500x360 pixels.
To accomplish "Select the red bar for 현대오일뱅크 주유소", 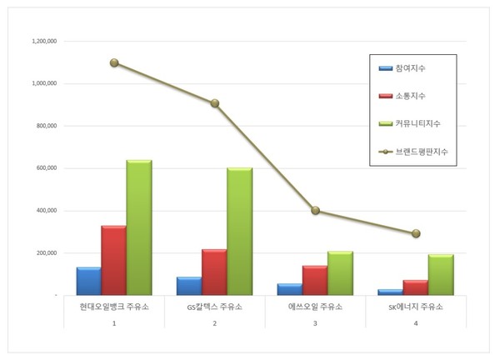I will (x=113, y=260).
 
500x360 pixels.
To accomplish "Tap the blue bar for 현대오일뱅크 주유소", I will (x=88, y=281).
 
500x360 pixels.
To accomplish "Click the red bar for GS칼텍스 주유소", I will (x=214, y=272).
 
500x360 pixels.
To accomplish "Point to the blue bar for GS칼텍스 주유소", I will (x=189, y=286).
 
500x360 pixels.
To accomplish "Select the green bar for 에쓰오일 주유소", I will (x=340, y=273).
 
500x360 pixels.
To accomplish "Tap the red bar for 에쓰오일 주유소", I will (x=315, y=280).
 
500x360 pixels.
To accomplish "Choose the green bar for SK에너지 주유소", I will (x=441, y=275).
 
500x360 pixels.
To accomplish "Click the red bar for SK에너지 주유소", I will (x=416, y=287).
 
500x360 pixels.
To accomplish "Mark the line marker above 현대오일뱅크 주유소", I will (x=114, y=62).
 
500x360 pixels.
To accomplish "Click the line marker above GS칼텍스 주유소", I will (x=214, y=103).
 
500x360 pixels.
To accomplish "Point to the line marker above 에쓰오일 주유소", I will (x=315, y=210).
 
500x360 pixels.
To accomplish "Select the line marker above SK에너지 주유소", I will (x=416, y=233).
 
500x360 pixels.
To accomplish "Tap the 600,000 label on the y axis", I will (x=42, y=168).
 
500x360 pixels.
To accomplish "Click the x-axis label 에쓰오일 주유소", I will (x=315, y=307).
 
